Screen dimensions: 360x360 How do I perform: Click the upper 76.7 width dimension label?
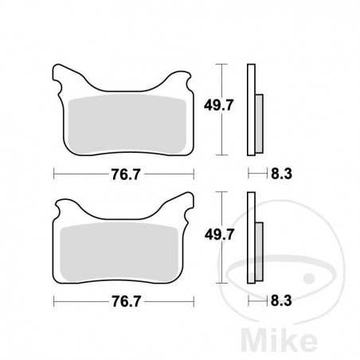click(123, 172)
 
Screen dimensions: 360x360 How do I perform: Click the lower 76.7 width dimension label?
click(123, 302)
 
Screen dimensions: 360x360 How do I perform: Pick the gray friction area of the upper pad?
click(123, 123)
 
